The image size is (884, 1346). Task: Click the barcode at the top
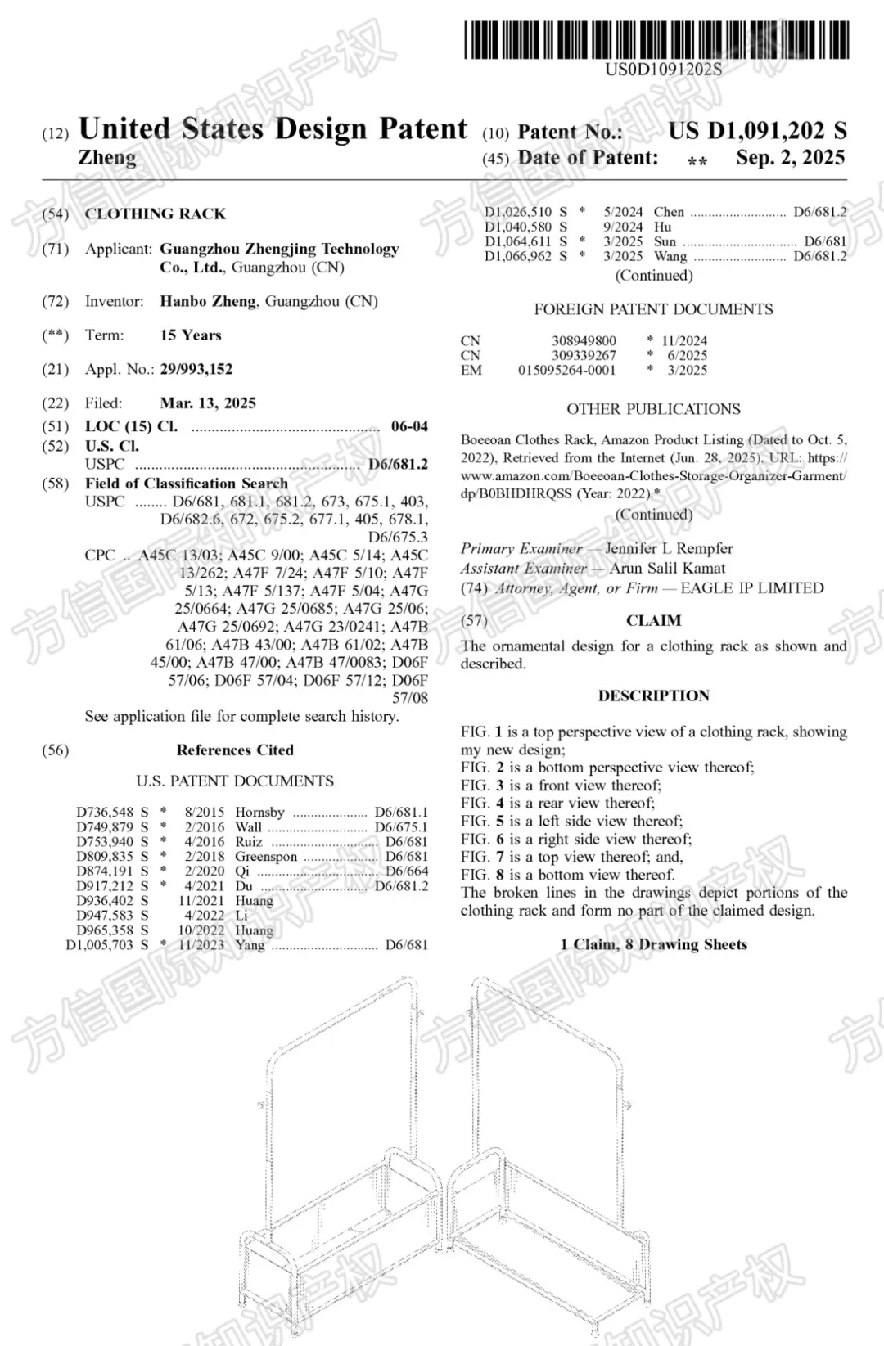pos(656,40)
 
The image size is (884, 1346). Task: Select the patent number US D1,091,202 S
pos(757,131)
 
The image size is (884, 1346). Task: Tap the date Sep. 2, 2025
pos(790,158)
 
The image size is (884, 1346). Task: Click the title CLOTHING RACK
pos(156,214)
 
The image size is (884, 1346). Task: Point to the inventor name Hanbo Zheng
pos(208,301)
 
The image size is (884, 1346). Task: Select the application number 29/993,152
pos(196,369)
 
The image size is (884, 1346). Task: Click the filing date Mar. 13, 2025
pos(208,403)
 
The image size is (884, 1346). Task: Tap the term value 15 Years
pos(191,335)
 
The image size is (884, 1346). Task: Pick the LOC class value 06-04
pos(409,426)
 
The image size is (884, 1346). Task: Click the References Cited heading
pos(235,750)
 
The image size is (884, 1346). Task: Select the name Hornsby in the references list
pos(259,813)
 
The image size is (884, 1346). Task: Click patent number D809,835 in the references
pos(105,857)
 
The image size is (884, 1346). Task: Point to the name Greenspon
pos(266,857)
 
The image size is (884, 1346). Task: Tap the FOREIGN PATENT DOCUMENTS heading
pos(653,309)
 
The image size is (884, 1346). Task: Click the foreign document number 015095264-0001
pos(566,370)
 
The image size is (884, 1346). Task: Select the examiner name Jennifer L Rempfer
pos(669,548)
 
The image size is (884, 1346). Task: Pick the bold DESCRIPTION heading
pos(653,696)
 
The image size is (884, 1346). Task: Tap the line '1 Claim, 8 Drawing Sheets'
pos(653,944)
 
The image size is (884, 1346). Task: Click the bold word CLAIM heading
pos(653,621)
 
